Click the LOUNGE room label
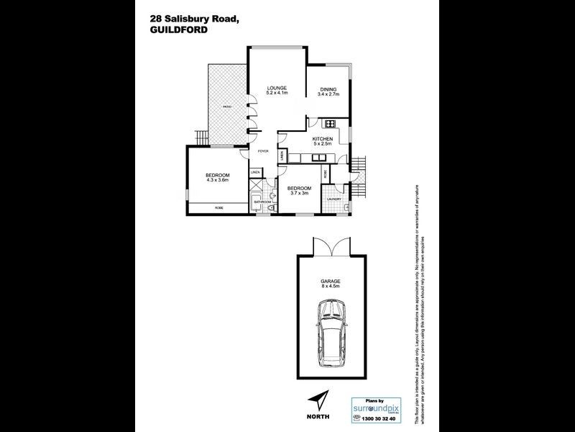(277, 86)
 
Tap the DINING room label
(328, 89)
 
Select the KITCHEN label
(321, 139)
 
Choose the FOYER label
(264, 152)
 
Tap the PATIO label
(226, 107)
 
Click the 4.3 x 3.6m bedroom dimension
(217, 181)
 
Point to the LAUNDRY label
(332, 199)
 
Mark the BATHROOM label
(262, 202)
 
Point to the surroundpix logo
(374, 410)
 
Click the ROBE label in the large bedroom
(218, 207)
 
